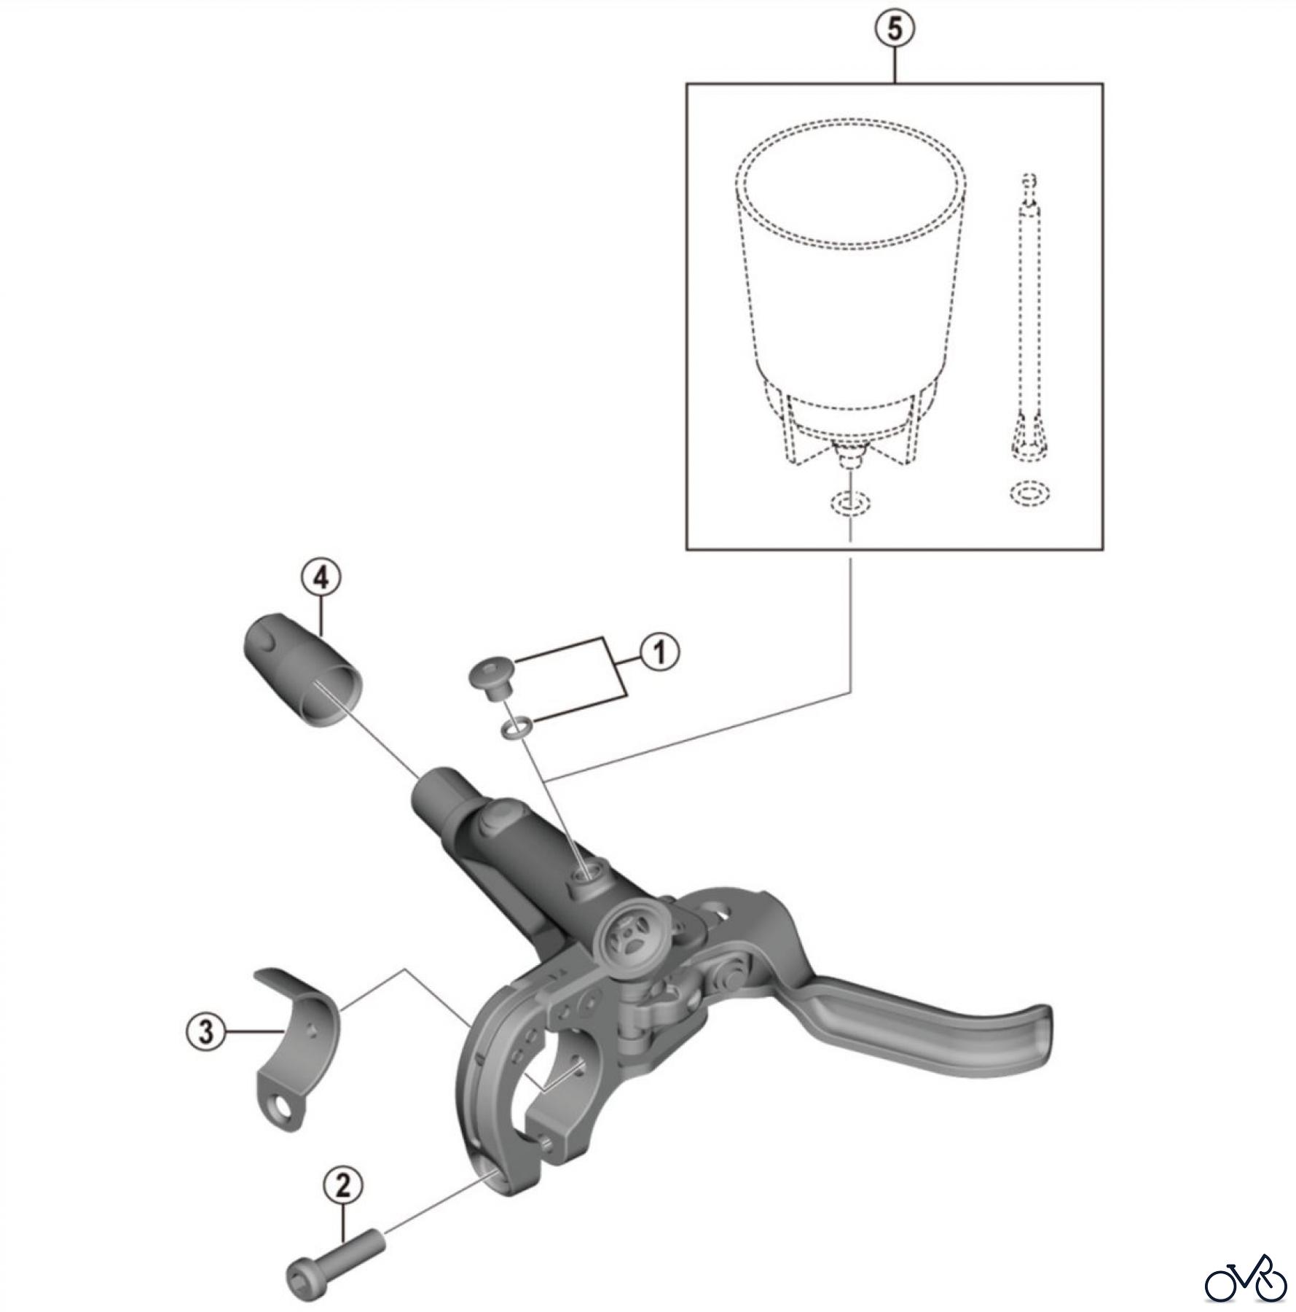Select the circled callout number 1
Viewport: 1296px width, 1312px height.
[659, 652]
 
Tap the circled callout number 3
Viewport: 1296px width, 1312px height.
[206, 1032]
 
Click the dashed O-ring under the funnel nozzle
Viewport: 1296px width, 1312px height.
[849, 503]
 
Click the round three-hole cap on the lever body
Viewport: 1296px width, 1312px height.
[628, 939]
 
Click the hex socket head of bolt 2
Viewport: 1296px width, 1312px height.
[301, 1291]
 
